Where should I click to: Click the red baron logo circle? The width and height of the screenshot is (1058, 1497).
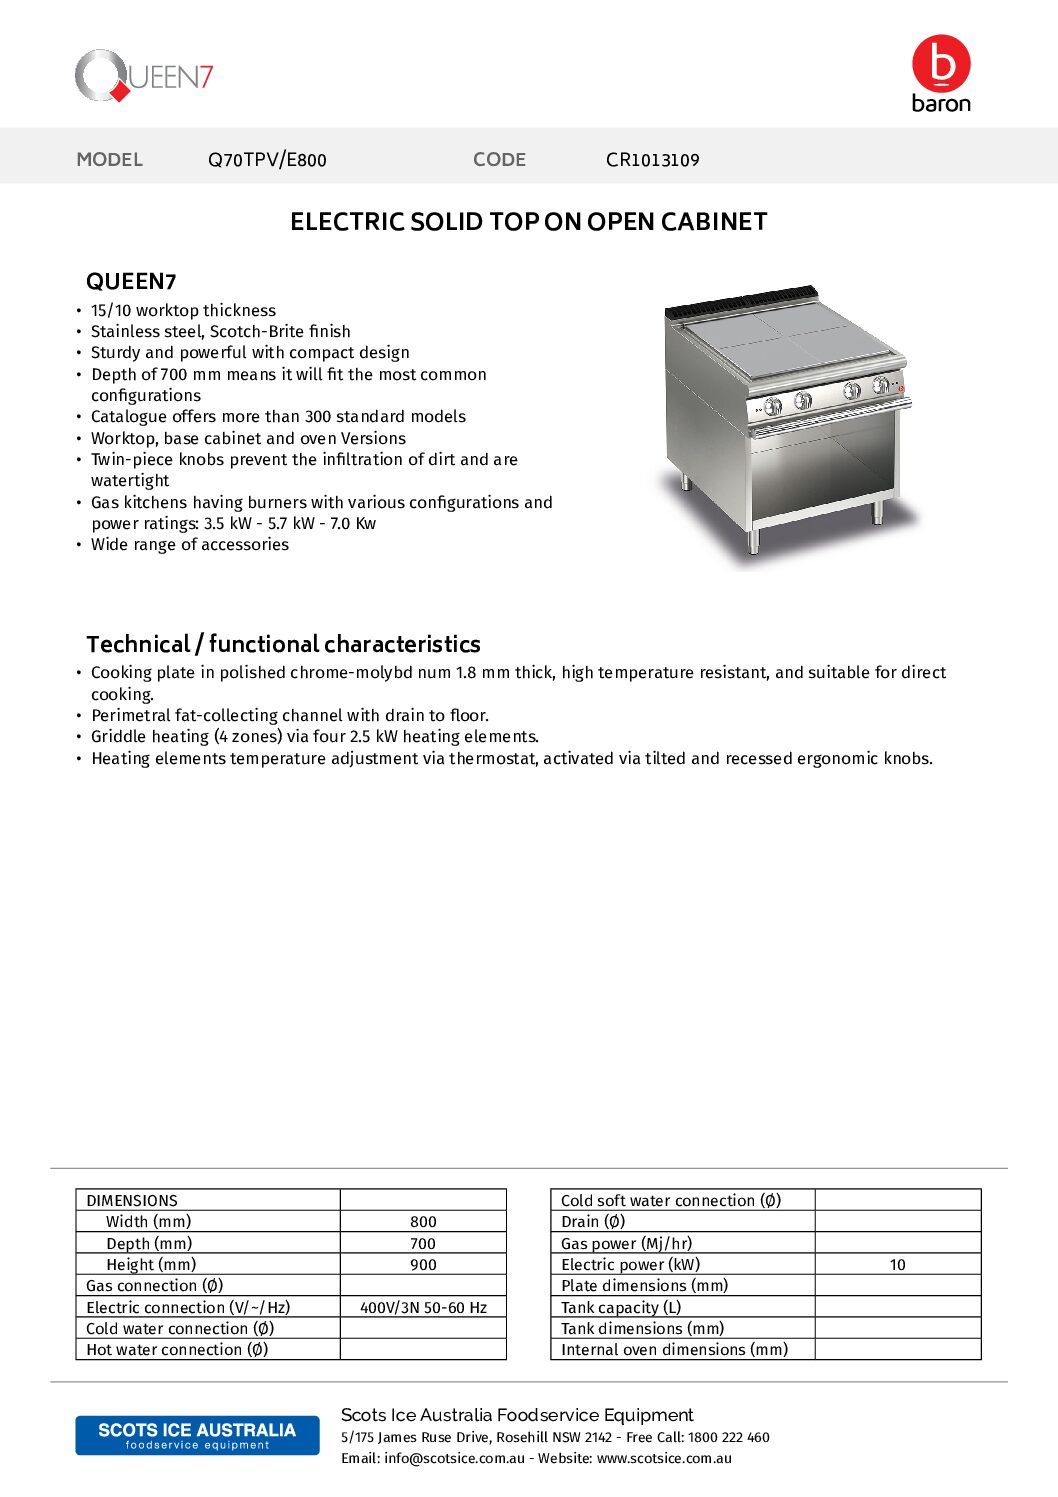pyautogui.click(x=941, y=64)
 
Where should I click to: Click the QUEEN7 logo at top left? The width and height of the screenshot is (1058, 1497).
pyautogui.click(x=144, y=76)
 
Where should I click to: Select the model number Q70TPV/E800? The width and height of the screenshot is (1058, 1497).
pyautogui.click(x=267, y=160)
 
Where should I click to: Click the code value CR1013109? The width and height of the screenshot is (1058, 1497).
pyautogui.click(x=652, y=160)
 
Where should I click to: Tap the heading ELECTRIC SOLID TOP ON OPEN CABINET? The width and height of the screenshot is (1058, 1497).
pyautogui.click(x=528, y=222)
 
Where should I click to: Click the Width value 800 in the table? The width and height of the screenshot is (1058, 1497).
pyautogui.click(x=423, y=1222)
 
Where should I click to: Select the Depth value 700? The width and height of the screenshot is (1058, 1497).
pyautogui.click(x=423, y=1244)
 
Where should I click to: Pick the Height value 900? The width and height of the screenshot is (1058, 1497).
pyautogui.click(x=423, y=1265)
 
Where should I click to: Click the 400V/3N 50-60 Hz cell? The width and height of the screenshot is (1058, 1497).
pyautogui.click(x=423, y=1308)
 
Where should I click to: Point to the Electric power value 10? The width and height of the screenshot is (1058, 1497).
pyautogui.click(x=897, y=1265)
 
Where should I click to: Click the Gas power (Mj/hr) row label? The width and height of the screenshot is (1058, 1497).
pyautogui.click(x=626, y=1244)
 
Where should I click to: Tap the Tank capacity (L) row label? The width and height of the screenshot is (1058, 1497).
pyautogui.click(x=621, y=1308)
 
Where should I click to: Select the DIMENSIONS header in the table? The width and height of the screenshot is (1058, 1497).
pyautogui.click(x=132, y=1201)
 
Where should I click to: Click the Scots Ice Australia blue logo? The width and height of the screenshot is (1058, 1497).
pyautogui.click(x=197, y=1435)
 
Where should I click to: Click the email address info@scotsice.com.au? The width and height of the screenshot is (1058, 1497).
pyautogui.click(x=454, y=1459)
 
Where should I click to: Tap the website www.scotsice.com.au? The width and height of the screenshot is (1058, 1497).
pyautogui.click(x=664, y=1459)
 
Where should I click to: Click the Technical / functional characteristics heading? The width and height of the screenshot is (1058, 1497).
pyautogui.click(x=283, y=644)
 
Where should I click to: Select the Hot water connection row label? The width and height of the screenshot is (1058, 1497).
pyautogui.click(x=177, y=1350)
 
